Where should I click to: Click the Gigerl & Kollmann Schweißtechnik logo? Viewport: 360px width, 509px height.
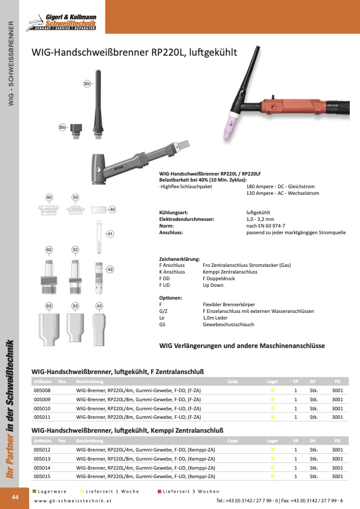(x=61, y=22)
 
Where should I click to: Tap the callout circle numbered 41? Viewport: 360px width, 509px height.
(x=110, y=234)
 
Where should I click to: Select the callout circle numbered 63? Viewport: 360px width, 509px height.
(x=48, y=306)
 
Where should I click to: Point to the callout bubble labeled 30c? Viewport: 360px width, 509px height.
(x=87, y=84)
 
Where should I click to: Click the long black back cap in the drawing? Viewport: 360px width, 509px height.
(x=98, y=104)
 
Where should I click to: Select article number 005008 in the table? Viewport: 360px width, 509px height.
(x=42, y=390)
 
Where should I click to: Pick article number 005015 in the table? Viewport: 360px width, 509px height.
(x=42, y=476)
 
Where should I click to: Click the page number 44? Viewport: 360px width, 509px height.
(x=15, y=497)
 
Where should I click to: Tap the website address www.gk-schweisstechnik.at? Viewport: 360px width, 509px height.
(x=73, y=501)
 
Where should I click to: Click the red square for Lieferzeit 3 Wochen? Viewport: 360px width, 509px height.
(x=159, y=491)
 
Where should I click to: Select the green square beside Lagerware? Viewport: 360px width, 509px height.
(x=34, y=491)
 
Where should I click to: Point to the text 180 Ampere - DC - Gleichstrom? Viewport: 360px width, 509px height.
(x=281, y=186)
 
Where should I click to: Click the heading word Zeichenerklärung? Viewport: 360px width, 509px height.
(x=180, y=259)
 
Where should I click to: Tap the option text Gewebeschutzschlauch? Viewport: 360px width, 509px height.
(x=229, y=324)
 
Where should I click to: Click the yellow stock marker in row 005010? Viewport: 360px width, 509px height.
(x=273, y=409)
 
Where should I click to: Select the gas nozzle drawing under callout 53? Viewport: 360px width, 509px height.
(x=75, y=327)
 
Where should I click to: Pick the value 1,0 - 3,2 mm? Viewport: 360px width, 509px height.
(x=260, y=219)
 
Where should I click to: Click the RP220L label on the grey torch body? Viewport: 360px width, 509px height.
(x=119, y=168)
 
